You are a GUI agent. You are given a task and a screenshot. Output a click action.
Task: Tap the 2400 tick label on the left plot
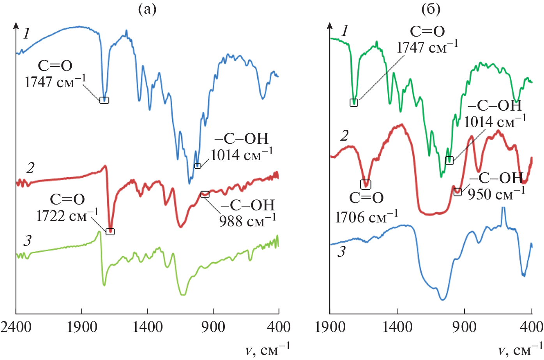16,326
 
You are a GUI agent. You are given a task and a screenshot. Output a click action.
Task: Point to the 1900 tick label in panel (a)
82,326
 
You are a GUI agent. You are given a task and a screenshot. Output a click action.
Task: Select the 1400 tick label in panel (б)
397,326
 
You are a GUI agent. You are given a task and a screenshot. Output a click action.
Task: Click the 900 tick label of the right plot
465,326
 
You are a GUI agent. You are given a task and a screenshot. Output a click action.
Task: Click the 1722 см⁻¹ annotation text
67,215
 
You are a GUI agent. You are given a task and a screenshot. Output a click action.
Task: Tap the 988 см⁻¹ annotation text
247,221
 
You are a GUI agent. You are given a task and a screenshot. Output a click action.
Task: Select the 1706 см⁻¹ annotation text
366,217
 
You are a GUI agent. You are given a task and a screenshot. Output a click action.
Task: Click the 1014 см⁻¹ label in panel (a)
242,155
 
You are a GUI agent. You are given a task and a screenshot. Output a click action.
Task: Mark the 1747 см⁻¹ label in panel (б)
427,47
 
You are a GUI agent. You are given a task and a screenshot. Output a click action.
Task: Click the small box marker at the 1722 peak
110,232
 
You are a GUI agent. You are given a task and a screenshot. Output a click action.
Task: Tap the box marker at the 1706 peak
366,184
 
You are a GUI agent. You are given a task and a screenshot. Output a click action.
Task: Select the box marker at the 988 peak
205,194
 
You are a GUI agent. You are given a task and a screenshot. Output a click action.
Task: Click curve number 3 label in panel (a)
27,241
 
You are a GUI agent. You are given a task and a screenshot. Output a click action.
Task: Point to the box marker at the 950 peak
458,191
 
